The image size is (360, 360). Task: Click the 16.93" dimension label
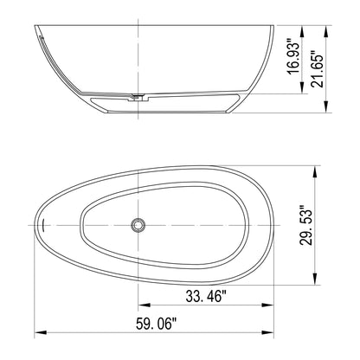click(294, 56)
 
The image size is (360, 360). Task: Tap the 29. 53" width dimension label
click(306, 225)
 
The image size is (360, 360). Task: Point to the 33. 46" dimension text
click(206, 296)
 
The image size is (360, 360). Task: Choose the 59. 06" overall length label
click(156, 324)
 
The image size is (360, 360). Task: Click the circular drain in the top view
click(138, 225)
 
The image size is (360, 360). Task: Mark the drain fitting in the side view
click(138, 97)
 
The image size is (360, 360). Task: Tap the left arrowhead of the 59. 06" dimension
click(41, 332)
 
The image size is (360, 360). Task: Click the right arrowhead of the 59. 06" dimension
click(267, 332)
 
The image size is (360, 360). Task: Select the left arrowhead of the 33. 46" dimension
click(145, 305)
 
